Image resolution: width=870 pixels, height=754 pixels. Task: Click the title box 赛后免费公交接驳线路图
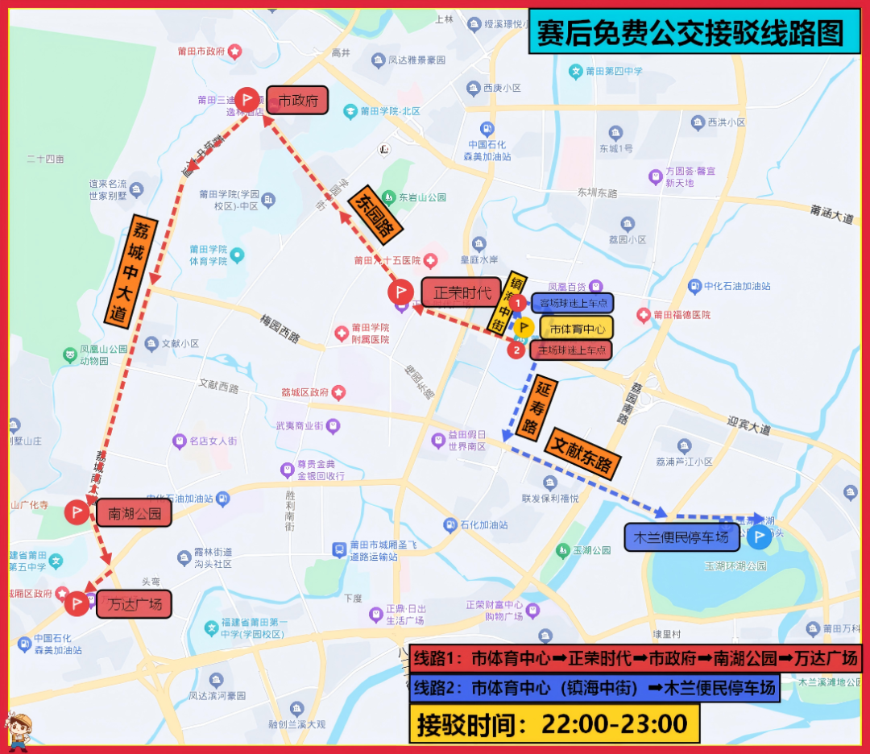tap(694, 32)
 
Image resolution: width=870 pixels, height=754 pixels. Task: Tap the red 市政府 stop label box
tap(297, 101)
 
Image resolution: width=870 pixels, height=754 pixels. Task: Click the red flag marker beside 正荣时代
tap(400, 292)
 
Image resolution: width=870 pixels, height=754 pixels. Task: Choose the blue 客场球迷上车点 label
tap(572, 303)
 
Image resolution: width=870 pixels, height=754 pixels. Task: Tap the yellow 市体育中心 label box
tap(576, 327)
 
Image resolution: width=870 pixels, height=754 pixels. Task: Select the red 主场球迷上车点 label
tap(570, 350)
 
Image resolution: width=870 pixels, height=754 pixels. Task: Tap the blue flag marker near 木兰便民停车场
tap(759, 537)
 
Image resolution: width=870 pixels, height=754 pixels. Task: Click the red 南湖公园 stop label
tap(134, 512)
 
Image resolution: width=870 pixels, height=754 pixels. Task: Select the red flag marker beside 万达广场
tap(77, 603)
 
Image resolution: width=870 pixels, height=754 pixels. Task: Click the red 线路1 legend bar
tap(635, 658)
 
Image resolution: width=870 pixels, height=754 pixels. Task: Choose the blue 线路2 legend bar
tap(594, 688)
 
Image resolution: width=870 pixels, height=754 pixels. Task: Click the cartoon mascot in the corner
tap(19, 731)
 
